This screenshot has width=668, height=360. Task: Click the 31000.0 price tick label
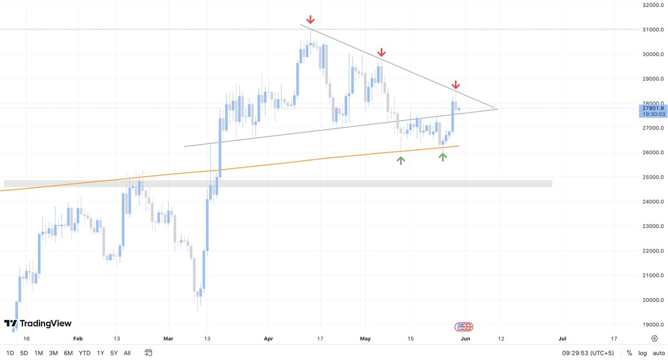651,29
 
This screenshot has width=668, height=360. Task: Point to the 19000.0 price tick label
651,325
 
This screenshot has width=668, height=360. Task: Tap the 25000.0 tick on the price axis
651,177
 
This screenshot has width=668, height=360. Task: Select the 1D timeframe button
10,353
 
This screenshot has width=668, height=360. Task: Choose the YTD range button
85,353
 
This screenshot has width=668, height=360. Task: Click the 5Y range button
114,353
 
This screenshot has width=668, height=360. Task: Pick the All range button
127,353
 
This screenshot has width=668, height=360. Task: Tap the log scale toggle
642,353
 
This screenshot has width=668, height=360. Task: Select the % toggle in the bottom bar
629,353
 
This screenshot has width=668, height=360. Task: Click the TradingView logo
38,324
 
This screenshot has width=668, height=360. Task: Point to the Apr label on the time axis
269,338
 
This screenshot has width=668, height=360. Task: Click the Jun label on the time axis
466,338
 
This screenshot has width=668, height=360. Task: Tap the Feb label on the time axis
78,338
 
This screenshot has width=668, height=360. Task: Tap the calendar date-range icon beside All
148,353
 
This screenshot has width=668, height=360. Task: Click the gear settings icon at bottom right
655,338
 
